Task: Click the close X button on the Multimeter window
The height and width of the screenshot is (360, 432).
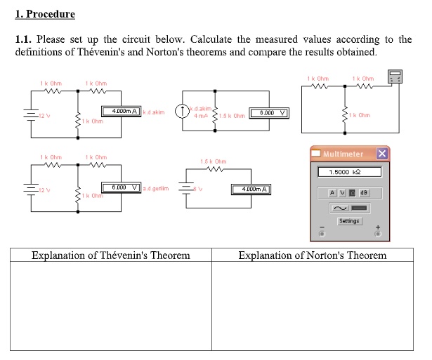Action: click(x=381, y=154)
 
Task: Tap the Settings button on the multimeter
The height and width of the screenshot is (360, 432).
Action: click(x=349, y=221)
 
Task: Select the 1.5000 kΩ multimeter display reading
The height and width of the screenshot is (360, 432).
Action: click(x=349, y=172)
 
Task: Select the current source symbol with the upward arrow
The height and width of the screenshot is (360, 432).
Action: click(x=183, y=110)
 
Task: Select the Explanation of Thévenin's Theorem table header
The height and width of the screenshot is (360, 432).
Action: click(x=111, y=255)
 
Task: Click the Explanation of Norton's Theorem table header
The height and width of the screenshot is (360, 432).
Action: click(x=313, y=255)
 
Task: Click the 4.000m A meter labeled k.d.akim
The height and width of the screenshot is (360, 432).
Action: click(x=122, y=111)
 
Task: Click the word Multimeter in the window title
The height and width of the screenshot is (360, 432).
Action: click(x=343, y=154)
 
